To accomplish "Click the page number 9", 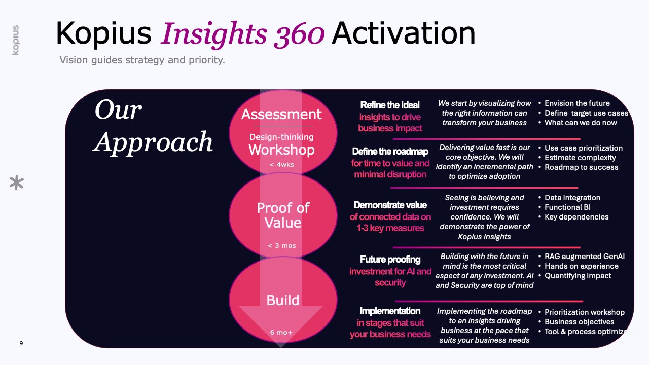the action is tap(21, 343).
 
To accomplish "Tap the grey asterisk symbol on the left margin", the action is tap(17, 182).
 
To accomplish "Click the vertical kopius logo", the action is tap(16, 40).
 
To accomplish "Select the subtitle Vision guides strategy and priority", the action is tap(142, 60).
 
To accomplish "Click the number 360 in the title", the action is tap(299, 34).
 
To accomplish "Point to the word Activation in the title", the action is tap(404, 33).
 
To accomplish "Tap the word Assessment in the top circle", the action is tap(281, 114).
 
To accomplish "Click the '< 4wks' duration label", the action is tap(281, 165).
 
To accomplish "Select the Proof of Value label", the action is tap(283, 215).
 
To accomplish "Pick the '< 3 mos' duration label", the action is tap(281, 246).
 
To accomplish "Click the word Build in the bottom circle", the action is tap(283, 300).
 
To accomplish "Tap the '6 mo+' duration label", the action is tap(281, 332).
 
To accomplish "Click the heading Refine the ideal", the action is tap(390, 105).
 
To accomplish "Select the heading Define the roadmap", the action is tap(390, 151).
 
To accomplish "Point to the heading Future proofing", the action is tap(390, 260).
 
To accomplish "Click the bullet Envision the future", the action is tap(577, 103).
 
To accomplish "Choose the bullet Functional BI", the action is tap(567, 207).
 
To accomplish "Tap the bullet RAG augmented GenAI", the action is tap(585, 257).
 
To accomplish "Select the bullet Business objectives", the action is tap(579, 322).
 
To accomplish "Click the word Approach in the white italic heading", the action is tap(153, 142).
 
